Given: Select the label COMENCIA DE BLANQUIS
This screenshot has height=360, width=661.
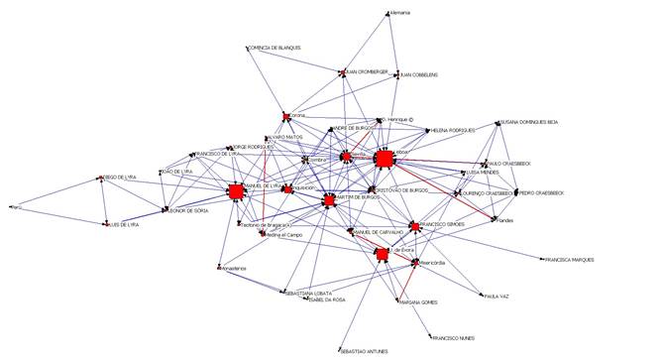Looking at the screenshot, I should (x=276, y=48).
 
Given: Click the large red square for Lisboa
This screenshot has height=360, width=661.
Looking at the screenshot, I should (x=384, y=158).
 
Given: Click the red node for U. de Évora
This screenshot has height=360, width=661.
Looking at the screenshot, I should (x=381, y=255).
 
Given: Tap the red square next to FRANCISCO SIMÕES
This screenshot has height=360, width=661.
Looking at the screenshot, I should (x=415, y=225).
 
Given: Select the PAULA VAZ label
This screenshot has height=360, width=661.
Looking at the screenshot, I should (x=496, y=296).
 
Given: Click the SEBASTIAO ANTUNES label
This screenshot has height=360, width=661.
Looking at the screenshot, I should (x=365, y=351).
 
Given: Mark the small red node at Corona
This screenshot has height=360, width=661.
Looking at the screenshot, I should (x=285, y=116).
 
